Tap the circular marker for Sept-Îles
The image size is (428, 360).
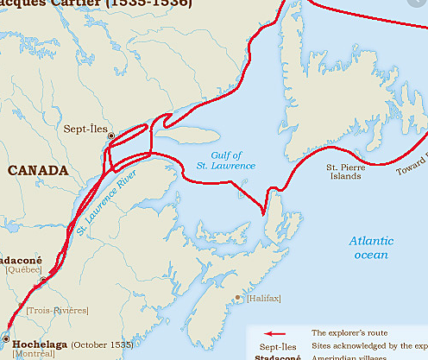tap(110, 136)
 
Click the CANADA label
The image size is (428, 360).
tap(37, 170)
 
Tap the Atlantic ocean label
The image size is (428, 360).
tap(372, 248)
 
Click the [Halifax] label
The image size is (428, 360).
tap(264, 299)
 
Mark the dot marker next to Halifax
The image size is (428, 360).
tap(238, 298)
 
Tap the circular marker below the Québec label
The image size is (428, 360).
tap(43, 280)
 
